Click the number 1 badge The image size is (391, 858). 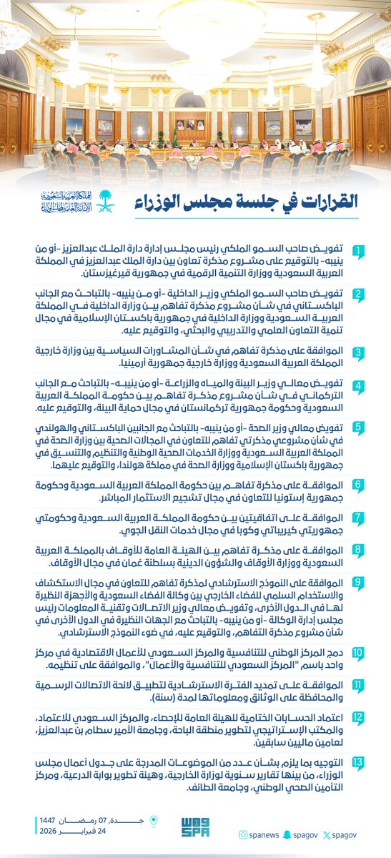pos(360,252)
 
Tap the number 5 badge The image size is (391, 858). pos(360,428)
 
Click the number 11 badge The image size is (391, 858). pos(360,684)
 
